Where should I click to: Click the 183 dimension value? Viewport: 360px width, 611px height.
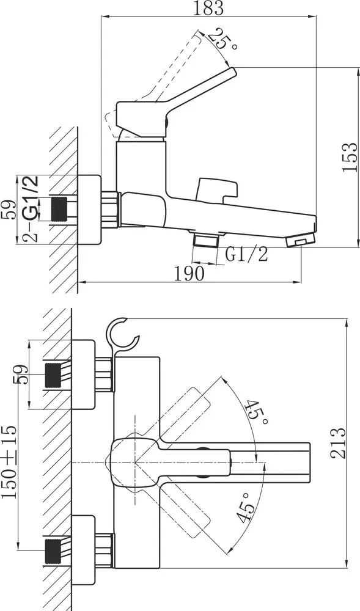[208, 8]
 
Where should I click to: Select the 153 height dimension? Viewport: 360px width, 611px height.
[350, 157]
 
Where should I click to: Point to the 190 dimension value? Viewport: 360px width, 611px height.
[189, 274]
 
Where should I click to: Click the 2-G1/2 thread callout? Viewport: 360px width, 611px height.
[31, 208]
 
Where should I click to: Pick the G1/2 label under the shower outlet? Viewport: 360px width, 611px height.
[247, 255]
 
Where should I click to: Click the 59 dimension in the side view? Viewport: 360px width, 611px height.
[8, 210]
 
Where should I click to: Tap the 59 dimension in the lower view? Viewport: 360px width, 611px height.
[21, 375]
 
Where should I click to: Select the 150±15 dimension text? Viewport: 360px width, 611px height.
[9, 462]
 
